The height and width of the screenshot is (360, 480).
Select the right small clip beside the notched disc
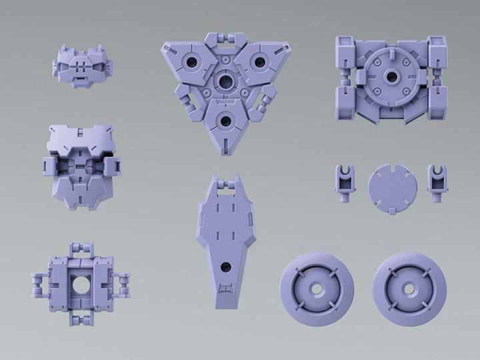(x=436, y=180)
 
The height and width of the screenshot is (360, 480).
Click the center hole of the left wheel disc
(x=317, y=285)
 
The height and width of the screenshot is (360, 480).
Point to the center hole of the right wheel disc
(x=410, y=285)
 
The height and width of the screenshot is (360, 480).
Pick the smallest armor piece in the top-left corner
(x=82, y=65)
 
